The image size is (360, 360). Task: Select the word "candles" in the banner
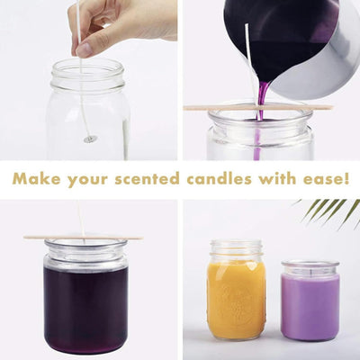coord(210,179)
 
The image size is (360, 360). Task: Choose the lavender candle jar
coord(310,306)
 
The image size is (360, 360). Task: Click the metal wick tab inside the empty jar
coord(90,139)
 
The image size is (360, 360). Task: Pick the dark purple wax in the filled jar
coord(85,306)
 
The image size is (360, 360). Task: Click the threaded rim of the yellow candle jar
coord(236,247)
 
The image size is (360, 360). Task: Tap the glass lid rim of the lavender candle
coord(310,267)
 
